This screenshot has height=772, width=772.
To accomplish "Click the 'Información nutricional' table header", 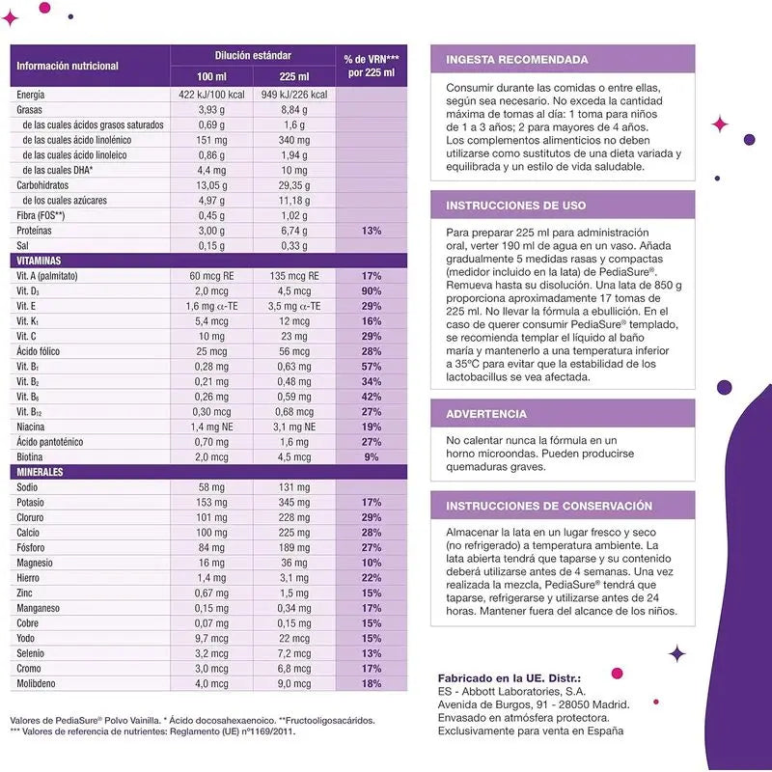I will [x=68, y=66].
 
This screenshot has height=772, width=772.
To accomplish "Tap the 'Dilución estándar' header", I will [x=253, y=56].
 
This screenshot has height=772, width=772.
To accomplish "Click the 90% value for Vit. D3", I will [x=372, y=290].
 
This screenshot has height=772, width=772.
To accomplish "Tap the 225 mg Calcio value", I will [x=292, y=532].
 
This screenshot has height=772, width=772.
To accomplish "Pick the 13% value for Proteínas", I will [x=372, y=231].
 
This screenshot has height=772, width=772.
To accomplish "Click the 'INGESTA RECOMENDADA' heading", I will [x=517, y=60].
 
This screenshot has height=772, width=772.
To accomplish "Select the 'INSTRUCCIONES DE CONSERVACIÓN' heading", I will [x=549, y=506].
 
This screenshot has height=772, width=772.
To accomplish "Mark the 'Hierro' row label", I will [x=32, y=577].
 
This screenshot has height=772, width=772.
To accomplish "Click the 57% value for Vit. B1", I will [x=372, y=367].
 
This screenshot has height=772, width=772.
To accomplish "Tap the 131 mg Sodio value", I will [x=292, y=487].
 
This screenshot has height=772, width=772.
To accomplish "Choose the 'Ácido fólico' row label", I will [x=42, y=351].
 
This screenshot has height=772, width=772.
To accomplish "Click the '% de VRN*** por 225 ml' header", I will [x=372, y=66].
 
